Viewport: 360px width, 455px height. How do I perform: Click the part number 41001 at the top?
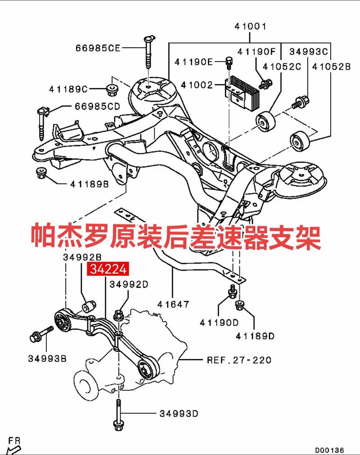(250, 27)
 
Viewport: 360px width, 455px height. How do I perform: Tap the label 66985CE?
(98, 48)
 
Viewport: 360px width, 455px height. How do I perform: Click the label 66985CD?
(97, 107)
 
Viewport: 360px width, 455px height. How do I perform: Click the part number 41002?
(196, 84)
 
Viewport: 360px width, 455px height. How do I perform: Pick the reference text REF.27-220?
(238, 360)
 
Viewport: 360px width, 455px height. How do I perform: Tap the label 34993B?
(47, 358)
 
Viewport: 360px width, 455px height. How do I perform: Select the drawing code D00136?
(329, 449)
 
